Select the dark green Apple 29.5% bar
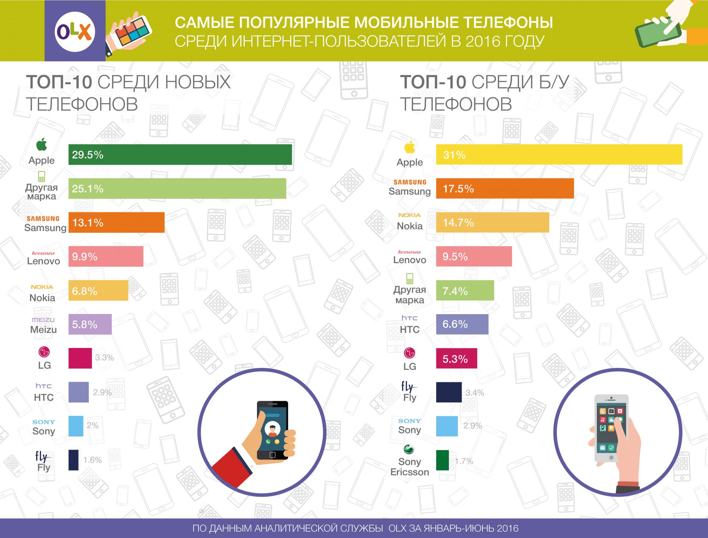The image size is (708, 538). (180, 155)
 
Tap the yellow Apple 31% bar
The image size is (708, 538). (559, 155)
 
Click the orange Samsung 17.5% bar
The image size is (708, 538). (504, 189)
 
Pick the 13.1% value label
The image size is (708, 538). (88, 223)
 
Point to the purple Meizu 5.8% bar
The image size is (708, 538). (90, 324)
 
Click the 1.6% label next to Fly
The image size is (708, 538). (93, 460)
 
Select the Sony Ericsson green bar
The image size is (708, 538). (442, 460)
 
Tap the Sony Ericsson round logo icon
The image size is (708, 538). (409, 450)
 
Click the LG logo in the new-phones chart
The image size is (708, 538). (44, 352)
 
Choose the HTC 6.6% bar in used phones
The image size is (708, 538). (462, 324)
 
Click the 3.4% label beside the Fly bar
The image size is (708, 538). (475, 393)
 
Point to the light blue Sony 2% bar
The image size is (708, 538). (76, 426)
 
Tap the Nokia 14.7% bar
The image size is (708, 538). (492, 222)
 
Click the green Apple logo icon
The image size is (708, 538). (41, 145)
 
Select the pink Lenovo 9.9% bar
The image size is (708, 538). (106, 256)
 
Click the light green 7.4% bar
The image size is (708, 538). (465, 290)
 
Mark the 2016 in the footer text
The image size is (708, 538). (508, 528)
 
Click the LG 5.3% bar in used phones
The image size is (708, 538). (456, 358)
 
